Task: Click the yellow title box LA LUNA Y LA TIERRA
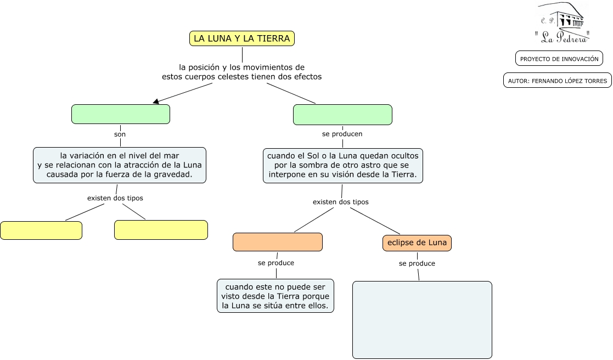242,38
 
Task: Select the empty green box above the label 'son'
121,114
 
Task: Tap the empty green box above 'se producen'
342,115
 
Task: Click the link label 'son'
120,134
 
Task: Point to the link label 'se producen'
342,134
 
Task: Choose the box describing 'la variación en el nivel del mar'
120,165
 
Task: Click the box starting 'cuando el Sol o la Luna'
343,165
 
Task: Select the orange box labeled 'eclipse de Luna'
417,243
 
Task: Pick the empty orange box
277,242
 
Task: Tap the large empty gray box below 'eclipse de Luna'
422,319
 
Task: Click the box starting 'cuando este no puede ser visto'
275,296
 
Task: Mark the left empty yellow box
41,230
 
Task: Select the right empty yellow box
161,230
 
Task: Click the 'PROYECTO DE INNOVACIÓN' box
559,59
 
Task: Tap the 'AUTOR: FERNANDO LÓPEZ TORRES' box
558,81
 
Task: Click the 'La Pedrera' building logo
562,22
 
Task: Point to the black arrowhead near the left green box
156,101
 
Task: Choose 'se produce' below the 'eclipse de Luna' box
417,263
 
